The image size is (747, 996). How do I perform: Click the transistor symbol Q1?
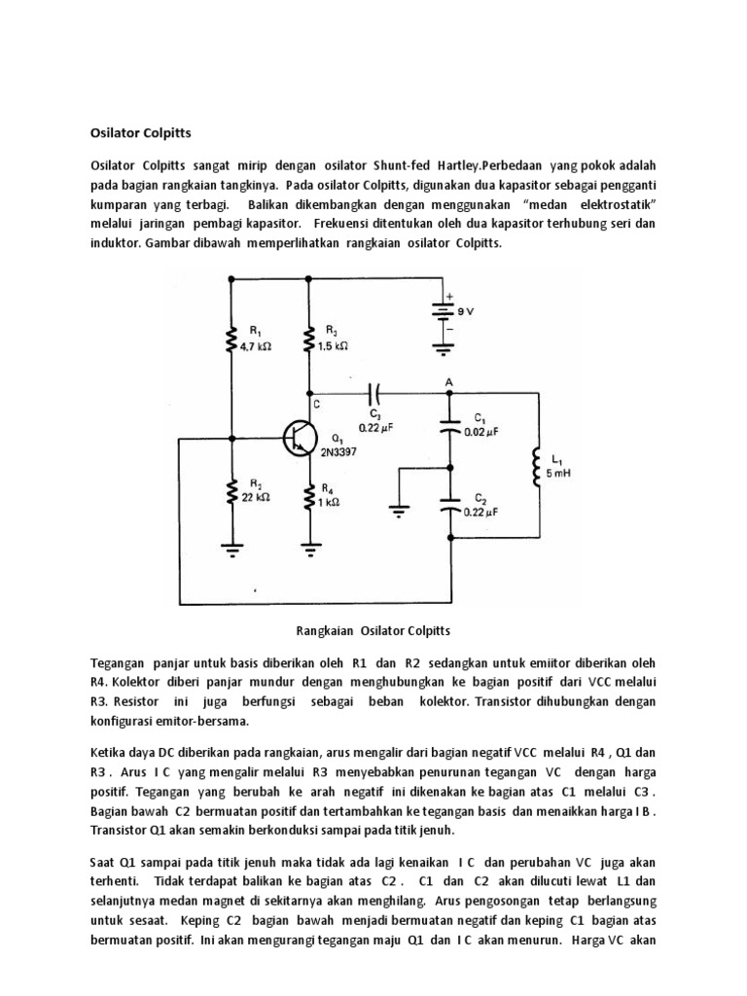[300, 438]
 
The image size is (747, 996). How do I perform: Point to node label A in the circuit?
[448, 381]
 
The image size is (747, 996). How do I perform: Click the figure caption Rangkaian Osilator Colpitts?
[373, 631]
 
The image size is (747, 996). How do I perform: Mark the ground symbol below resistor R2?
[231, 551]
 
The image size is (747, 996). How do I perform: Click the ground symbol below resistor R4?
[310, 551]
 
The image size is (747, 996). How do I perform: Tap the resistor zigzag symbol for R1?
[231, 339]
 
